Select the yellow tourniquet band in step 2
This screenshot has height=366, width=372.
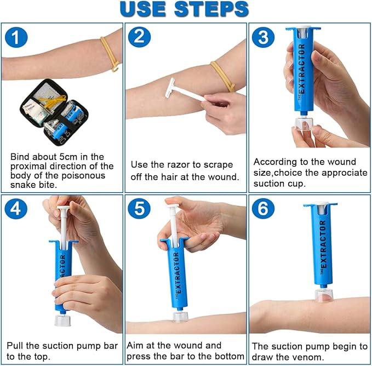coord(222,76)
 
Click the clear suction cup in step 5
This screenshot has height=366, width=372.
coord(179,317)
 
